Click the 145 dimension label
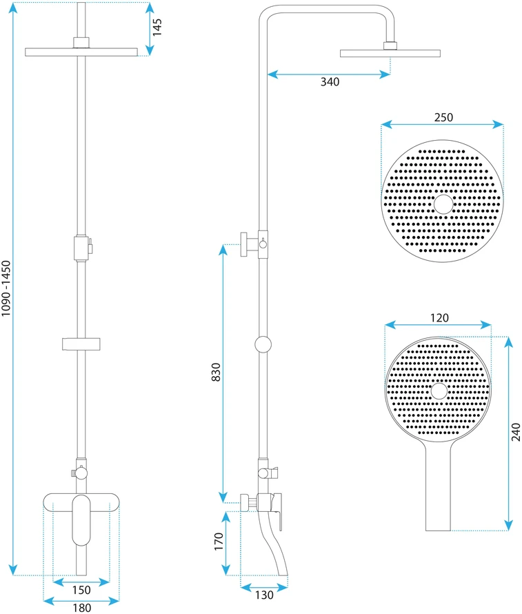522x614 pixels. click(x=157, y=28)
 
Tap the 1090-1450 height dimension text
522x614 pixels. click(x=6, y=288)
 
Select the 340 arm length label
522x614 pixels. click(x=330, y=82)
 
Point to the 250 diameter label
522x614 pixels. click(x=443, y=117)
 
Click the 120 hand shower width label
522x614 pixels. click(x=439, y=318)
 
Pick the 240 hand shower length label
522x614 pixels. click(x=516, y=433)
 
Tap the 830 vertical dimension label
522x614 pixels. click(x=216, y=373)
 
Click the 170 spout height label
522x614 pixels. click(x=219, y=542)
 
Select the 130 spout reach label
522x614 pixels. click(x=264, y=595)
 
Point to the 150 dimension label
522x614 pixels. click(x=81, y=590)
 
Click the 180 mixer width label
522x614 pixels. click(x=82, y=608)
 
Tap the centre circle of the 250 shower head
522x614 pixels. click(x=443, y=204)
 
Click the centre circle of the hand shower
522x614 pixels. click(x=439, y=391)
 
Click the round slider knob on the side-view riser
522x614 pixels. click(x=263, y=344)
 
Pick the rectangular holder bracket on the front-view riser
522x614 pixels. click(x=81, y=344)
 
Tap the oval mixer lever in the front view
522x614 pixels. click(x=81, y=520)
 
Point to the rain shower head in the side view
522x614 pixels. click(x=390, y=53)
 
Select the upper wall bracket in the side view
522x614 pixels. click(x=250, y=244)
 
